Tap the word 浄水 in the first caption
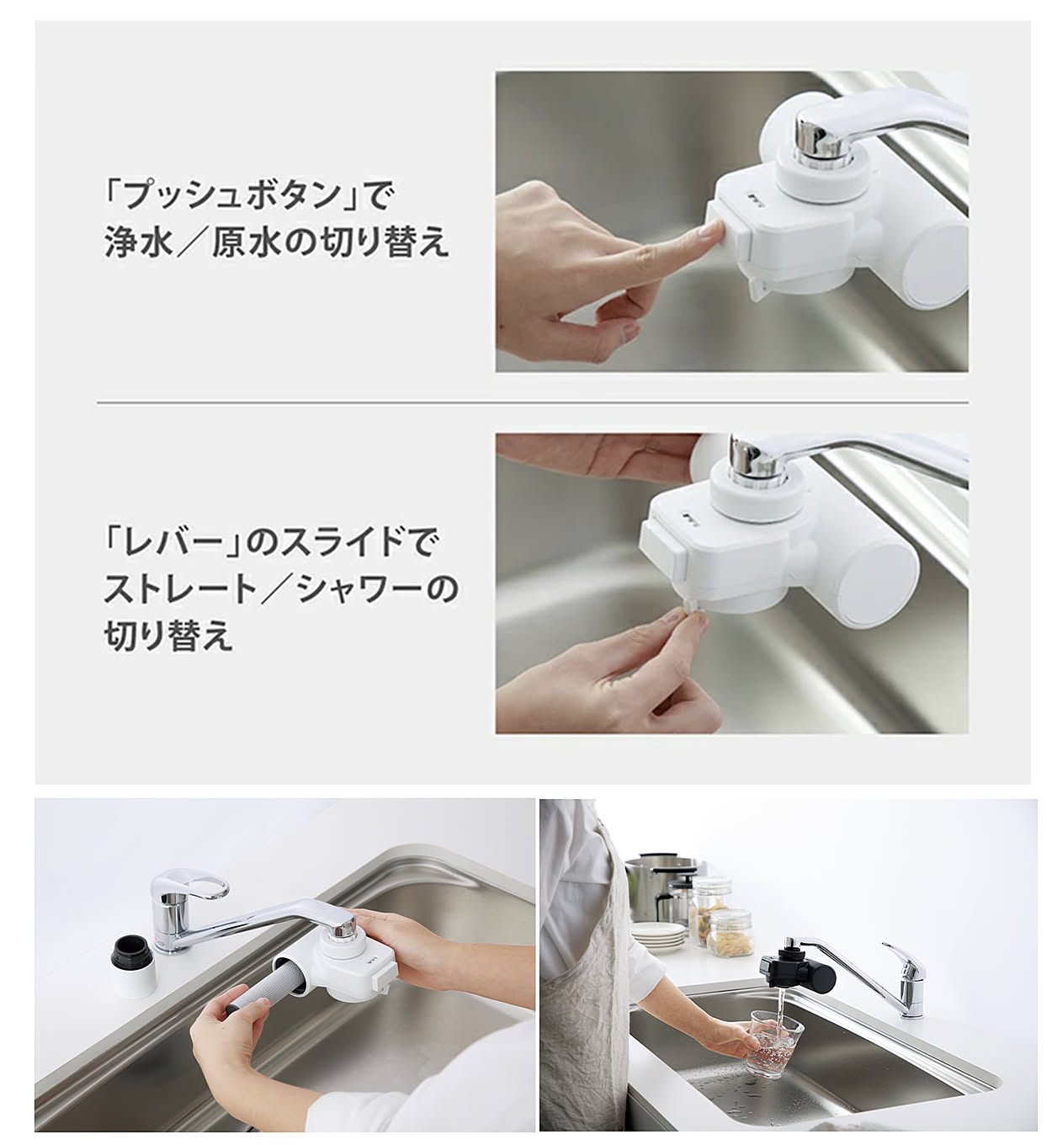click(x=139, y=243)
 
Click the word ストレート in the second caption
click(x=180, y=589)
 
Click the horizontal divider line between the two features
click(x=532, y=402)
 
